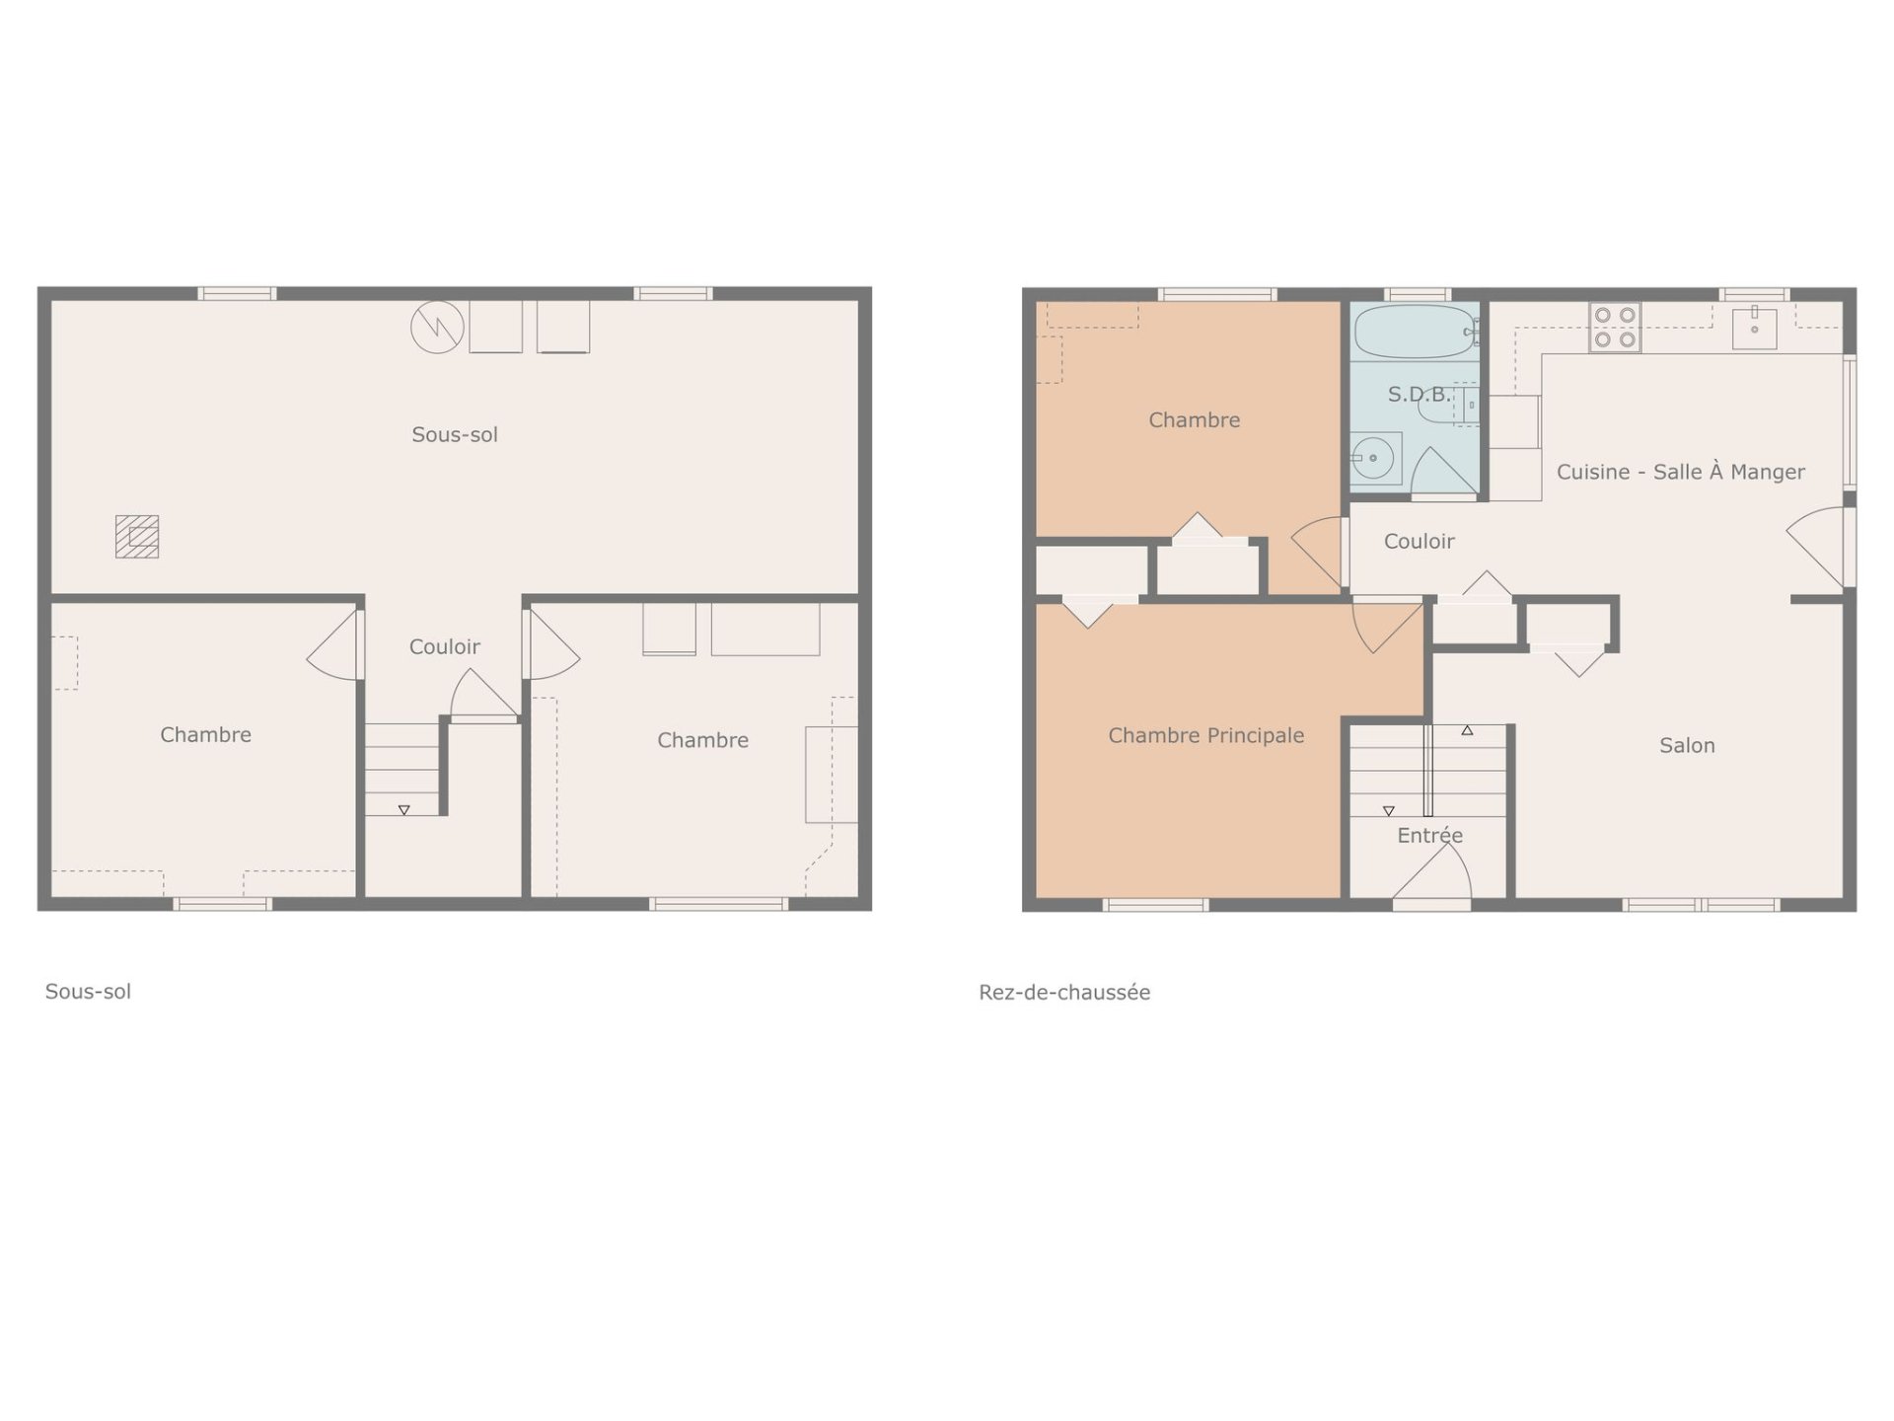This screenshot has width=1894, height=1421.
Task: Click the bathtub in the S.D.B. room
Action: pos(1415,332)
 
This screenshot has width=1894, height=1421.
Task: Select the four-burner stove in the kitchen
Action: pos(1615,328)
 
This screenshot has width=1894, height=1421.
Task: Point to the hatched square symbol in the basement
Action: pos(137,537)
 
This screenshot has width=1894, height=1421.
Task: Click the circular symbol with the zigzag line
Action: pos(437,327)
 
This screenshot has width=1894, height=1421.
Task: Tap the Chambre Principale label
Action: pos(1205,735)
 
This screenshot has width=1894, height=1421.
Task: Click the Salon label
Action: pos(1687,746)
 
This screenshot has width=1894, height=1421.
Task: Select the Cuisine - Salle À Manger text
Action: pos(1680,472)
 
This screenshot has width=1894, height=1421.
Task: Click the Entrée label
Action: pos(1429,836)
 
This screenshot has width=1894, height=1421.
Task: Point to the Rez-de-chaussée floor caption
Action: pos(1064,993)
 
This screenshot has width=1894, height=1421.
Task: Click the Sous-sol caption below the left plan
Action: pos(88,992)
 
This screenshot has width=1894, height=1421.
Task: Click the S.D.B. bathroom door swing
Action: pos(1443,473)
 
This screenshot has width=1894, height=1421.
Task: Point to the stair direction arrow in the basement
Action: pos(403,810)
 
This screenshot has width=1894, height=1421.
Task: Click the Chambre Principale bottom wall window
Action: pos(1155,905)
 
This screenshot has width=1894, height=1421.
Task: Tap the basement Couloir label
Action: pos(444,647)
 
